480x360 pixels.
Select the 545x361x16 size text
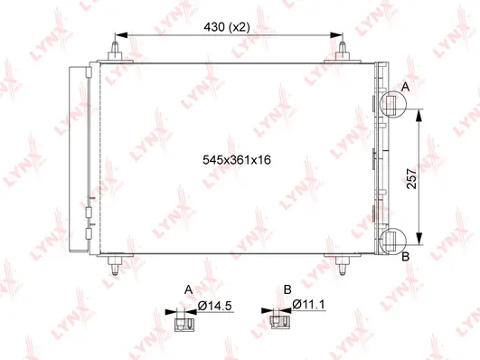click(x=237, y=159)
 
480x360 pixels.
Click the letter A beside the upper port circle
click(x=405, y=85)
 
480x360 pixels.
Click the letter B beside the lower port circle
click(x=405, y=258)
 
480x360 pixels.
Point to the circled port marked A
click(x=391, y=105)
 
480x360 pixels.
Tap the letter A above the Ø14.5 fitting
click(x=188, y=289)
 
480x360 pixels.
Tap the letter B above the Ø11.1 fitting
click(x=287, y=289)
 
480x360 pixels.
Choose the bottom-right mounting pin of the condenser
click(x=342, y=266)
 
